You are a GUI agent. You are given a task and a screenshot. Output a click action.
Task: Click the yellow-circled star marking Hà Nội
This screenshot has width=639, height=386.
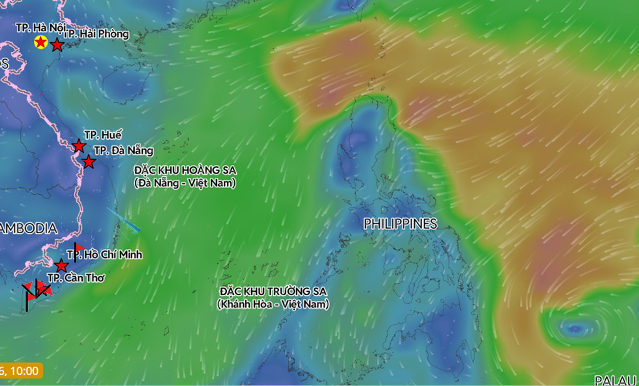41,43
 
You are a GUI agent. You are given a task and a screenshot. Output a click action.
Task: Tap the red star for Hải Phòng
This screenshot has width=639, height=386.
57,45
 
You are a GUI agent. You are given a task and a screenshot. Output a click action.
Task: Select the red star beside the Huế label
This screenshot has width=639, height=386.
79,146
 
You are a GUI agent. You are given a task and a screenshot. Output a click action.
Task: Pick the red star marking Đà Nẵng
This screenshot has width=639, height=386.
89,162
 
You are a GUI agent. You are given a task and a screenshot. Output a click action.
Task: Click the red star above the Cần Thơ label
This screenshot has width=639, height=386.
61,265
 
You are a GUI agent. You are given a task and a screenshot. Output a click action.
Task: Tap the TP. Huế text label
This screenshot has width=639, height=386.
103,135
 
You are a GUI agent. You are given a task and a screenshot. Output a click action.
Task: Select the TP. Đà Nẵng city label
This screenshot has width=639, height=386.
123,150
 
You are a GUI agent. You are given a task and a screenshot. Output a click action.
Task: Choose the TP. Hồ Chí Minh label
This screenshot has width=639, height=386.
105,254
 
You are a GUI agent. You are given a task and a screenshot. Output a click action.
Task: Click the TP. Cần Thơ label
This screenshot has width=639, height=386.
76,278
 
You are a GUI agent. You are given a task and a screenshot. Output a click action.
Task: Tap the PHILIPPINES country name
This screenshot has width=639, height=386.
400,224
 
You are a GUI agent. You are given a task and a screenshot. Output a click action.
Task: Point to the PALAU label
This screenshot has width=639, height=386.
615,380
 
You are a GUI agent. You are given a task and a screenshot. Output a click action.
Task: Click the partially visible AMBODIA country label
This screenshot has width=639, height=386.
28,229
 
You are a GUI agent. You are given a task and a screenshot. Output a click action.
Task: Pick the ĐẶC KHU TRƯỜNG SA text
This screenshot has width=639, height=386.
273,292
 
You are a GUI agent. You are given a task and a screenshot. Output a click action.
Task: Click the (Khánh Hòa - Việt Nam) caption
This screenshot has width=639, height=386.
273,305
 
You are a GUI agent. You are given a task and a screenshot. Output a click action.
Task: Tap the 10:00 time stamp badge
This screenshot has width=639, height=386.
22,370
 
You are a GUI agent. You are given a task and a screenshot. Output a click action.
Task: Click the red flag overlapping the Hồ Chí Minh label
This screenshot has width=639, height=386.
79,249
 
